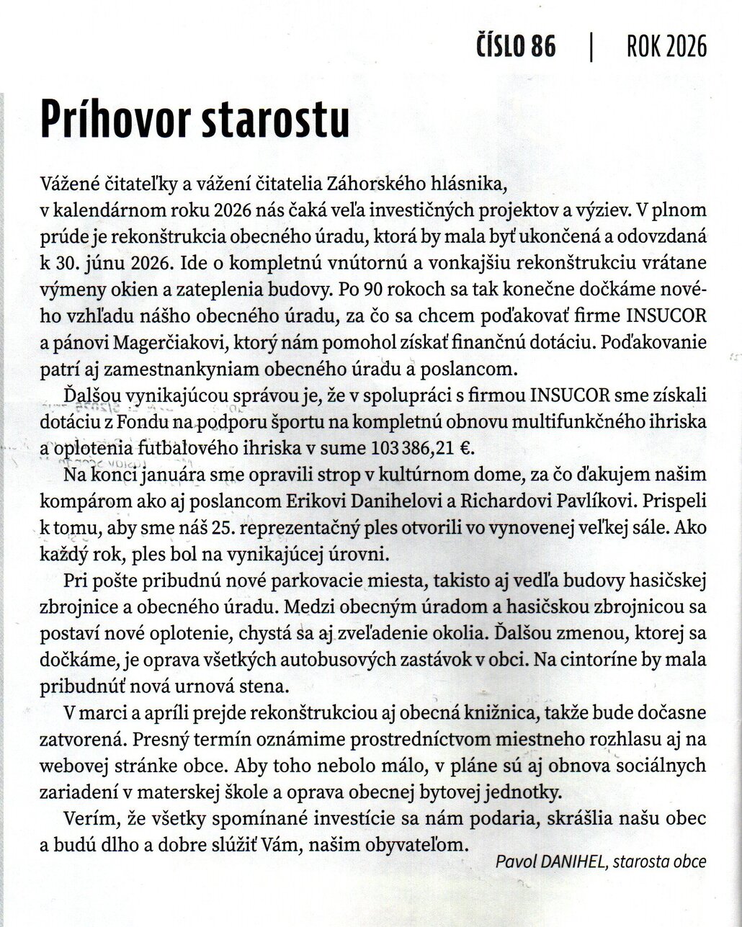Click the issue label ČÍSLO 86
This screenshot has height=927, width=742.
pyautogui.click(x=516, y=47)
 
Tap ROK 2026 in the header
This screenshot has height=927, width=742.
pyautogui.click(x=666, y=47)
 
